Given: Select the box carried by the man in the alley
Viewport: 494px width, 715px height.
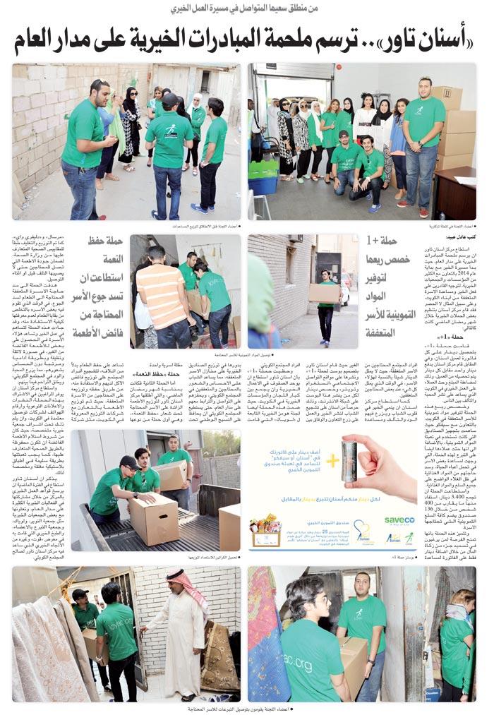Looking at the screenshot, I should (x=324, y=292).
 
